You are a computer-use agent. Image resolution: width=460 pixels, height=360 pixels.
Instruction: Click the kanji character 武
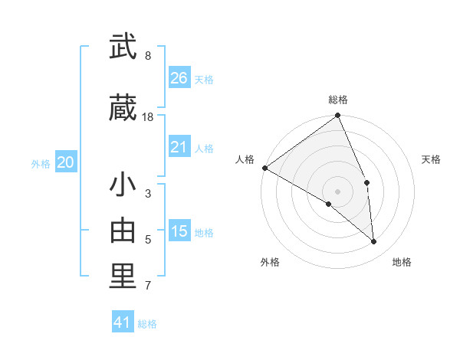[123, 47]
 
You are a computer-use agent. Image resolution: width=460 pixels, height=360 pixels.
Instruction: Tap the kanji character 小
[123, 186]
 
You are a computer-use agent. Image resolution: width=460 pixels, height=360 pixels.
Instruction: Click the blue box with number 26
[179, 78]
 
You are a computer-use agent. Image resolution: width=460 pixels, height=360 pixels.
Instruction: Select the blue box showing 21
[179, 147]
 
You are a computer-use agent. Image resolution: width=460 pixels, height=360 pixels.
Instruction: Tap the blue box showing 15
[179, 231]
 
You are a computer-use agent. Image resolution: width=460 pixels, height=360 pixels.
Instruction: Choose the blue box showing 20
[66, 162]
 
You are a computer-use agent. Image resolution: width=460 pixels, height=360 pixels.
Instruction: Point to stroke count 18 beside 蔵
[148, 116]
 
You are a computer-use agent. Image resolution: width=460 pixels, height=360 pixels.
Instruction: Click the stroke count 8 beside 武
[148, 56]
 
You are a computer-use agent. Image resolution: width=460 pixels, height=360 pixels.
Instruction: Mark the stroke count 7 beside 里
[148, 286]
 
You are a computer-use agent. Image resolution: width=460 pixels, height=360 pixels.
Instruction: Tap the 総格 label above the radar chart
[338, 100]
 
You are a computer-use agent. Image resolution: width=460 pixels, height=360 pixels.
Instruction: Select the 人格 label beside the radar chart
[245, 159]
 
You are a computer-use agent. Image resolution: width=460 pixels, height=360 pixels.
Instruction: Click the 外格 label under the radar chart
[270, 262]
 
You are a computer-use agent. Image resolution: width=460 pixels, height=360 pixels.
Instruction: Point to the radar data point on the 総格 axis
[338, 116]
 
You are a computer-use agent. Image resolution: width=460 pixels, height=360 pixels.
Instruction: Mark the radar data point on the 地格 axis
[374, 241]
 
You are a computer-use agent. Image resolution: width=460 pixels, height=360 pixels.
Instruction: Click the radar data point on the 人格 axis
[264, 168]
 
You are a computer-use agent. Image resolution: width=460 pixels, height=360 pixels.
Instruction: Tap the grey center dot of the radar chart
[337, 191]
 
